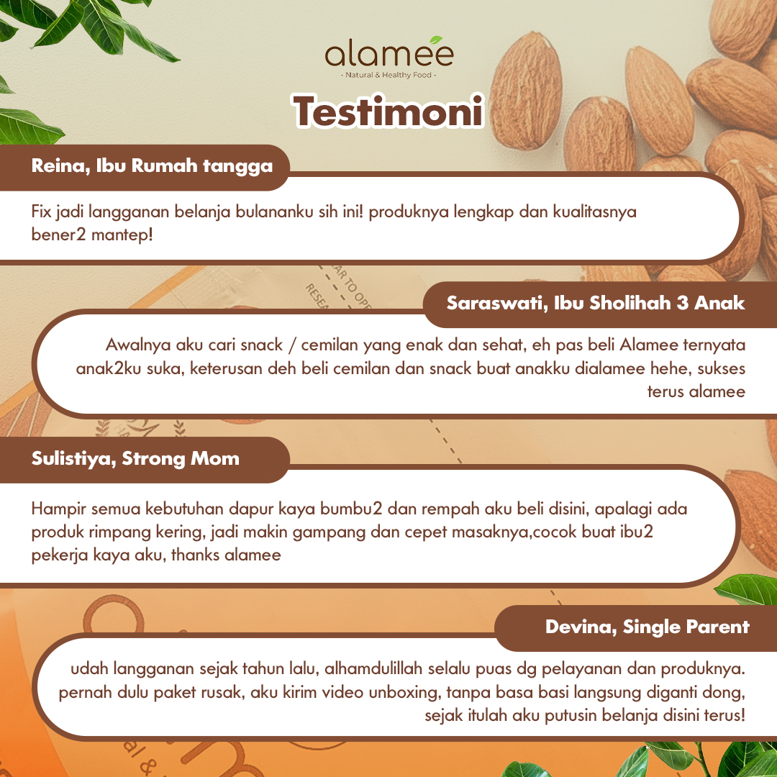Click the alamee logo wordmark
(388, 55)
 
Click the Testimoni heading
(388, 112)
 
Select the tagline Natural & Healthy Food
(388, 74)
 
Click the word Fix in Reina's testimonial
(42, 212)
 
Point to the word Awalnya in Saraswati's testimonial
(134, 345)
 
